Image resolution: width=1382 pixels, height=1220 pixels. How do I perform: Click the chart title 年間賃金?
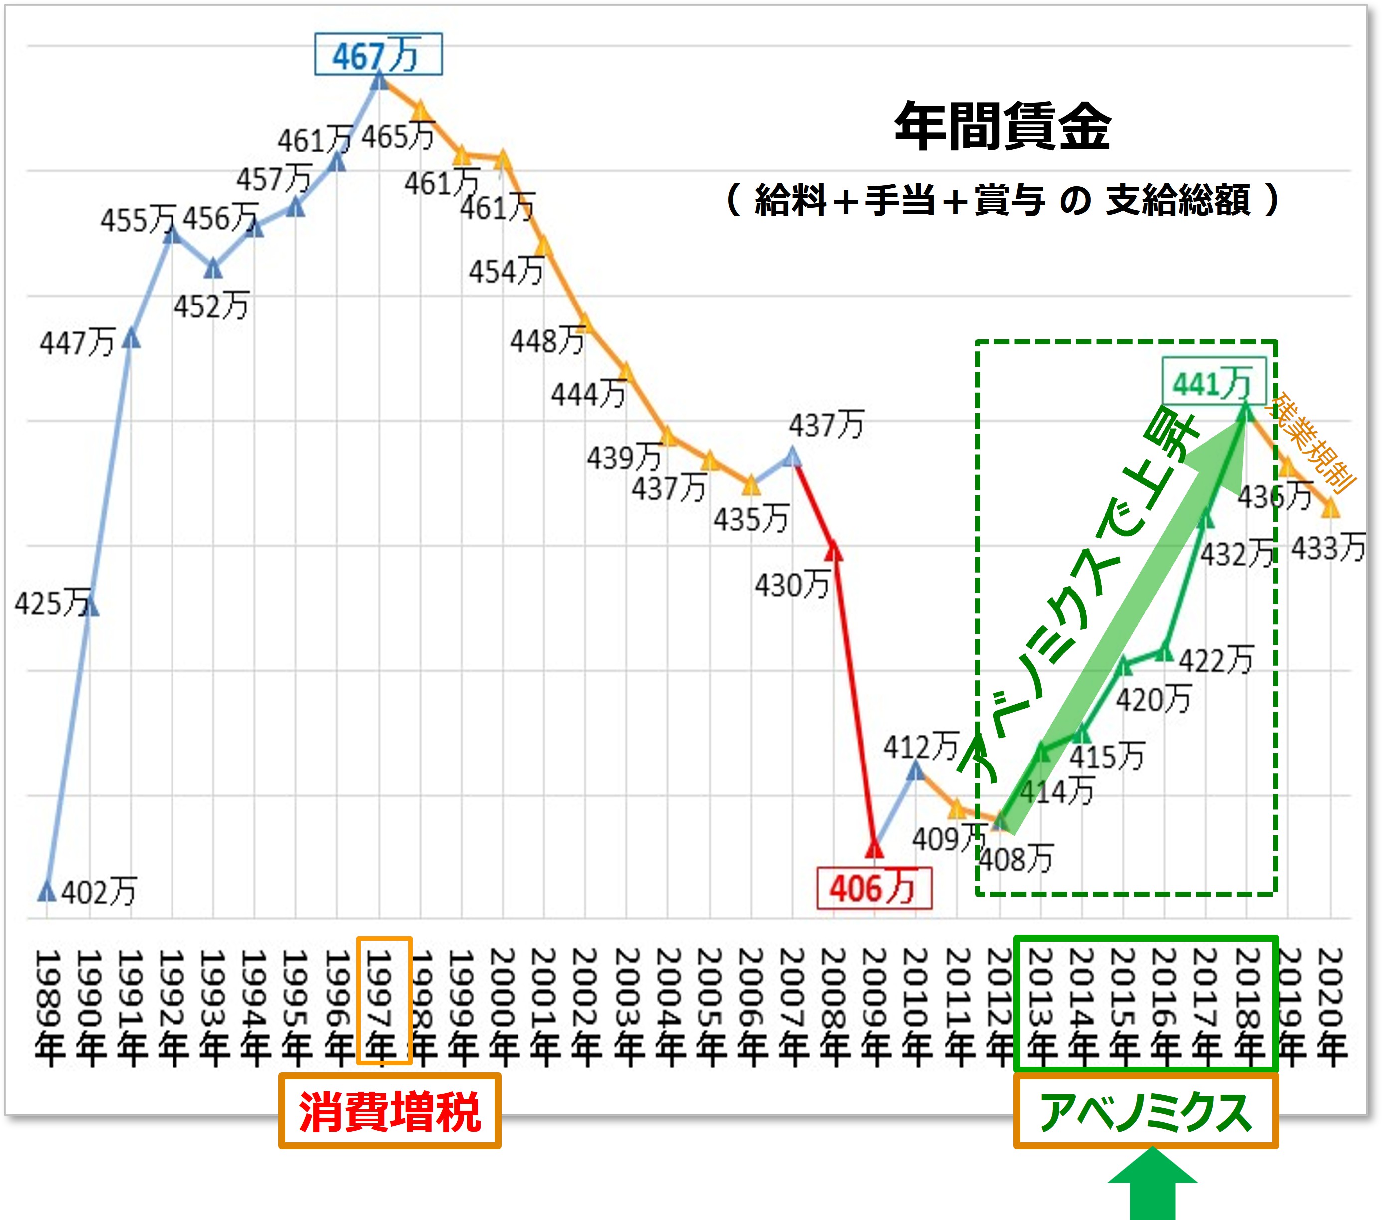[x=1003, y=127]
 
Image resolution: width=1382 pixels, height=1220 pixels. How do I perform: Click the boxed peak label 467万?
[x=378, y=54]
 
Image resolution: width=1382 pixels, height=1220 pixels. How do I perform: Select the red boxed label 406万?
[x=873, y=888]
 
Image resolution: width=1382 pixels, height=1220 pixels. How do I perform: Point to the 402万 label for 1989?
[x=99, y=892]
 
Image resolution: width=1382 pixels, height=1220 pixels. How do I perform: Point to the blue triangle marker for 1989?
[x=47, y=892]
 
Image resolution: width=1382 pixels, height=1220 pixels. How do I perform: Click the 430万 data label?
[x=792, y=585]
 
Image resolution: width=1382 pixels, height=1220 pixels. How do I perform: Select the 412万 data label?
[x=921, y=746]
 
